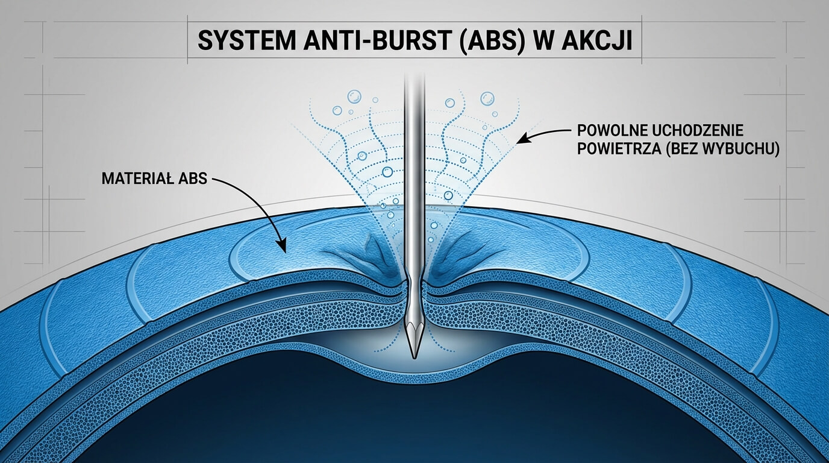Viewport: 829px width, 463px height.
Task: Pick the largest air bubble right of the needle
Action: click(486, 98)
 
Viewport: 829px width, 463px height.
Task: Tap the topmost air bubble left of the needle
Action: click(354, 95)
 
